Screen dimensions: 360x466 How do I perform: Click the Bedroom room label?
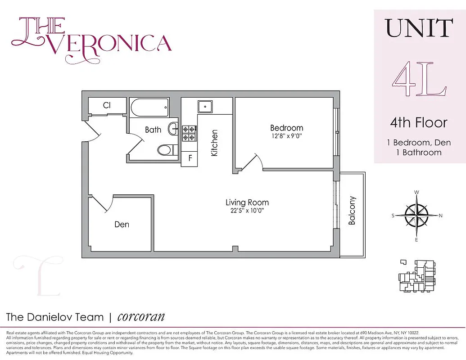click(x=286, y=128)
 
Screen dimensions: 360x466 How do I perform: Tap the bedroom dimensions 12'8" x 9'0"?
click(x=286, y=136)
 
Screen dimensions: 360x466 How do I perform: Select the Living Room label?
click(x=247, y=202)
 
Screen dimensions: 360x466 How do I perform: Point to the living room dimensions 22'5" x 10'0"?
click(x=247, y=211)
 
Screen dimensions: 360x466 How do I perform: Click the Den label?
click(x=122, y=224)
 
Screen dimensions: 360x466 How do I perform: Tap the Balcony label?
click(x=352, y=211)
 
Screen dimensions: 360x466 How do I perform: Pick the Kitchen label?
click(x=215, y=143)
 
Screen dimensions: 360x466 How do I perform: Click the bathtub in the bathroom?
click(x=149, y=108)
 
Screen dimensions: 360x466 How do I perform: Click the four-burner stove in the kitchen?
click(x=189, y=133)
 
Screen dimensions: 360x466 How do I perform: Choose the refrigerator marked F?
click(x=190, y=158)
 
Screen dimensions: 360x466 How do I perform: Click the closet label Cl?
click(x=107, y=105)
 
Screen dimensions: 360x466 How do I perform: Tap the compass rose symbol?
click(x=416, y=216)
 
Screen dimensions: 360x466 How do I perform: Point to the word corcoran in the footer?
click(x=140, y=317)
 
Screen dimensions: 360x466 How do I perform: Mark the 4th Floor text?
click(x=419, y=122)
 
